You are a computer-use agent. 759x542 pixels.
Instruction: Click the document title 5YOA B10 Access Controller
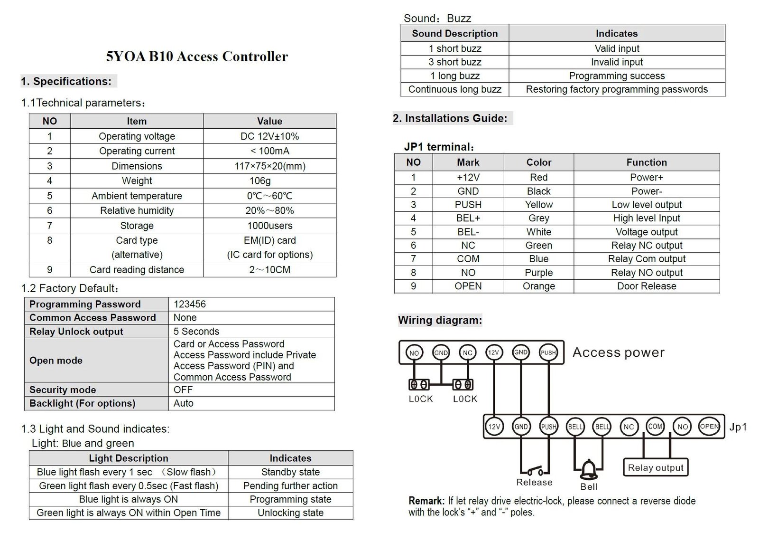click(197, 57)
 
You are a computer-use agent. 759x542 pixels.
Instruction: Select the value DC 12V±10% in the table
click(269, 136)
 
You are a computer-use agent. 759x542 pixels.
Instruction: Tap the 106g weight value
click(260, 181)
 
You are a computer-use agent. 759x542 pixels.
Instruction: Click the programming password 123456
click(190, 304)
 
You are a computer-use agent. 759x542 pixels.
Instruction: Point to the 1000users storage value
click(269, 226)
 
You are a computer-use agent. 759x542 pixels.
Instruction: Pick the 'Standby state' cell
click(290, 472)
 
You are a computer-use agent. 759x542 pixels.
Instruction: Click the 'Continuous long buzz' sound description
click(454, 89)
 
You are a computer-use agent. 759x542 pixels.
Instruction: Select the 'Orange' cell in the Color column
click(538, 286)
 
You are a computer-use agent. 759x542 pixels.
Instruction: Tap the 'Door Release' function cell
click(646, 286)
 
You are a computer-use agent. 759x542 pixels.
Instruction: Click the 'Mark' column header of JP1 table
click(468, 162)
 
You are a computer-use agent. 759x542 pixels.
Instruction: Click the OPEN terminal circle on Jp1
click(709, 426)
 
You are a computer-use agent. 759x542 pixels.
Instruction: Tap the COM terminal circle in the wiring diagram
click(655, 426)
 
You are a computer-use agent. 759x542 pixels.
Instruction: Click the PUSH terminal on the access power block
click(548, 352)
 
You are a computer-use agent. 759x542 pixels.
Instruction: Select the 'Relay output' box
click(656, 467)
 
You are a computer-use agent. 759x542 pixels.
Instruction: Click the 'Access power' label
click(618, 352)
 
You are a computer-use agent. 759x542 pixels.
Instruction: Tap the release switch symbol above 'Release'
click(535, 471)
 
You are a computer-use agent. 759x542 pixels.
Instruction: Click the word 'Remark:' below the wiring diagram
click(426, 501)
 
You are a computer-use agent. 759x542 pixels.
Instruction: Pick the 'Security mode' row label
click(63, 390)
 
